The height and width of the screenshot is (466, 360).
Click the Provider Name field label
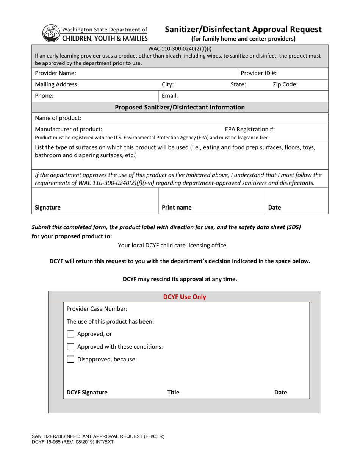click(x=55, y=73)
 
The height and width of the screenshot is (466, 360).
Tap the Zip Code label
click(x=285, y=84)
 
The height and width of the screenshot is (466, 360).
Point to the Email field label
click(x=170, y=96)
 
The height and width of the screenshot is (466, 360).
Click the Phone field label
click(x=44, y=96)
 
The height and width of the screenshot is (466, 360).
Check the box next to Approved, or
click(x=70, y=334)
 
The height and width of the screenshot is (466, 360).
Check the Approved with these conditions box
click(x=70, y=346)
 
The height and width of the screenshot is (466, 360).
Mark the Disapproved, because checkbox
click(x=70, y=359)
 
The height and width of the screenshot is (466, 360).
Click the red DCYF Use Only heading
click(x=185, y=297)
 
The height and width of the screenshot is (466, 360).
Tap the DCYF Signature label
click(x=87, y=393)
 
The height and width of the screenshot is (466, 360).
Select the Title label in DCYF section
click(x=173, y=393)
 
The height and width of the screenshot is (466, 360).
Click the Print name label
click(x=177, y=208)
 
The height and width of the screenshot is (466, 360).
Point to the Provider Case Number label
click(x=97, y=308)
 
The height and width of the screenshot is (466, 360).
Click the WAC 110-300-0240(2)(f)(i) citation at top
click(x=180, y=48)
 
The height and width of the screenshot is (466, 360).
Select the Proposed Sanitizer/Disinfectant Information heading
click(x=180, y=107)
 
